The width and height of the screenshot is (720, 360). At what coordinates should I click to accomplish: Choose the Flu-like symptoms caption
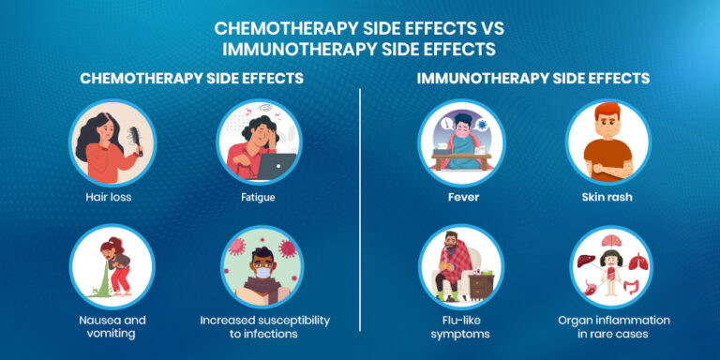(x=460, y=327)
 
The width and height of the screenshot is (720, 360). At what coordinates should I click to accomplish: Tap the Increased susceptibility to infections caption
(x=265, y=327)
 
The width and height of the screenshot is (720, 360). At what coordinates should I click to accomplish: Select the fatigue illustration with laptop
(x=258, y=142)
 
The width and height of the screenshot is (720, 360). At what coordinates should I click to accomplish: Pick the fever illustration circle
(x=460, y=142)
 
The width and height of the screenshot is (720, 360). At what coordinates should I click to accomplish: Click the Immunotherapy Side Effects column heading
(x=533, y=79)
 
